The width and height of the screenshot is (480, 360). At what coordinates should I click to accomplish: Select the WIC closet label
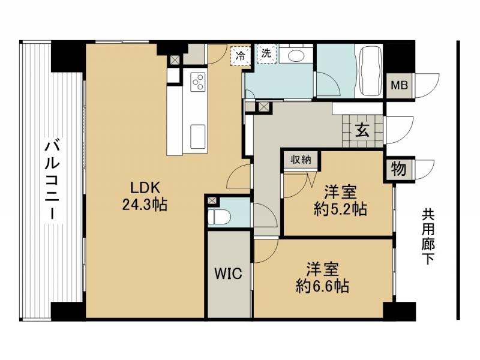coord(229,274)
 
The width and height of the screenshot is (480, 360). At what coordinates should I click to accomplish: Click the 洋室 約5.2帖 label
coord(340,201)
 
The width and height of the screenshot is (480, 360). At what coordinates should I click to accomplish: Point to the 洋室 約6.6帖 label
coord(323,277)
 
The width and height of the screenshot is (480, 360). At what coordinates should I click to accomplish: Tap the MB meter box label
coord(399,85)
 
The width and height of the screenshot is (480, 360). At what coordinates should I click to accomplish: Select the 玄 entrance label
coord(362,128)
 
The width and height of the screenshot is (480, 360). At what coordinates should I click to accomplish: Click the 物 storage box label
coord(398,167)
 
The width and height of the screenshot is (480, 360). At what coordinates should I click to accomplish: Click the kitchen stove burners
coord(198,81)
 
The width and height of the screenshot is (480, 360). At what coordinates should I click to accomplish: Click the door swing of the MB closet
coord(427,84)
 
